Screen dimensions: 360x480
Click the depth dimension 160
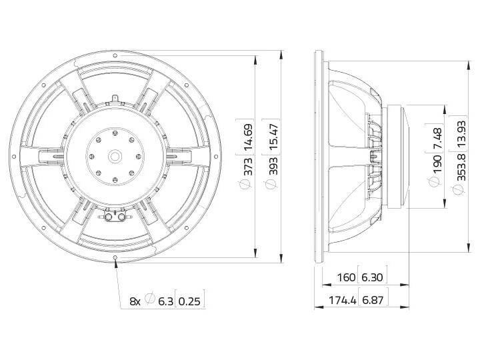click(x=345, y=277)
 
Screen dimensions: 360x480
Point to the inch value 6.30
click(x=373, y=277)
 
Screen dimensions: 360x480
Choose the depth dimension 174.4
click(x=341, y=300)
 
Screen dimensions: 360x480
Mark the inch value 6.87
click(x=373, y=300)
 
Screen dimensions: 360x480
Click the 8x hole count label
click(x=135, y=301)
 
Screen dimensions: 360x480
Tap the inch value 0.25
click(x=191, y=301)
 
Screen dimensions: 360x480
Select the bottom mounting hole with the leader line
click(x=115, y=257)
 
